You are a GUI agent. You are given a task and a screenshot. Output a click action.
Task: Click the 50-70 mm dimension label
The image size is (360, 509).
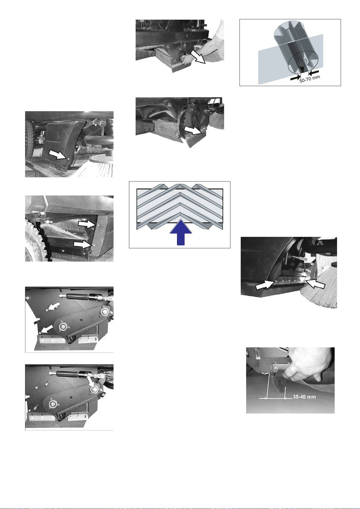click(x=310, y=79)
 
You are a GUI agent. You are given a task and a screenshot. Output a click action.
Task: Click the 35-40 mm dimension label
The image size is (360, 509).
click(x=304, y=397)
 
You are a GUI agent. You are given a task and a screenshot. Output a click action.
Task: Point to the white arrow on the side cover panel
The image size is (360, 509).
click(x=58, y=155)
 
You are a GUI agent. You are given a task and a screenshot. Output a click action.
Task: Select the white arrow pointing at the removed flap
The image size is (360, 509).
click(x=193, y=130)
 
